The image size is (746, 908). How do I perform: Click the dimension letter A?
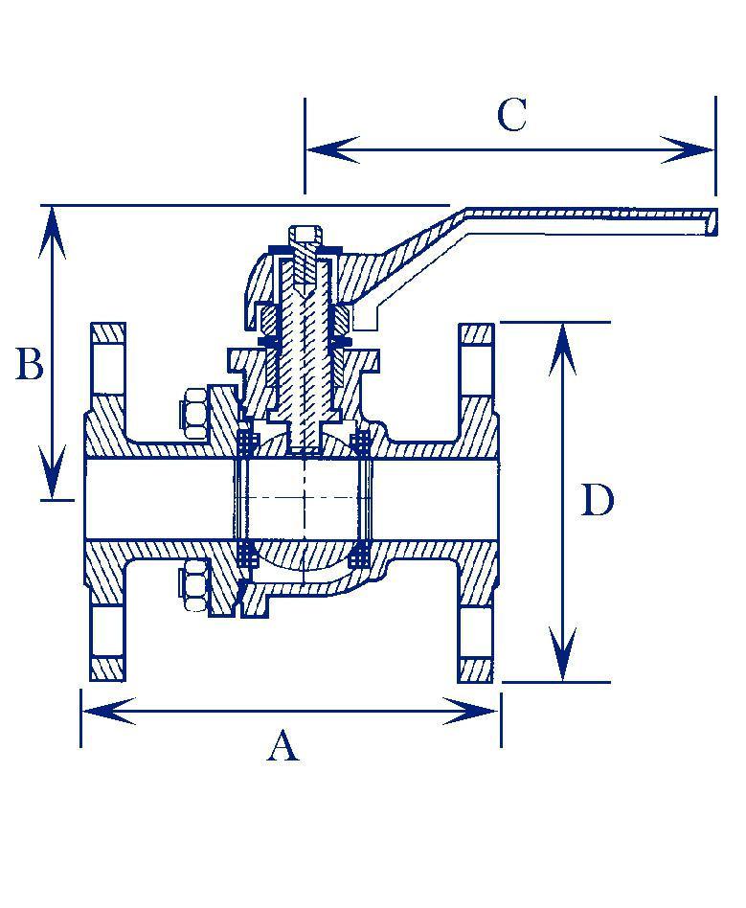[283, 745]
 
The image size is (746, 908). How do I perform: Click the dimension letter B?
[30, 365]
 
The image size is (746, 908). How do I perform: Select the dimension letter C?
[511, 116]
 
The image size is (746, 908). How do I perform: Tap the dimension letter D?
[598, 501]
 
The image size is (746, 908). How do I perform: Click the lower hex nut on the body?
[194, 585]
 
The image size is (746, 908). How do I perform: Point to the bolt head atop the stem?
[305, 234]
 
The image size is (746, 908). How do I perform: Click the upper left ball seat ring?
[247, 443]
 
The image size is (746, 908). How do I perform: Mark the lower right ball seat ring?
[362, 554]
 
